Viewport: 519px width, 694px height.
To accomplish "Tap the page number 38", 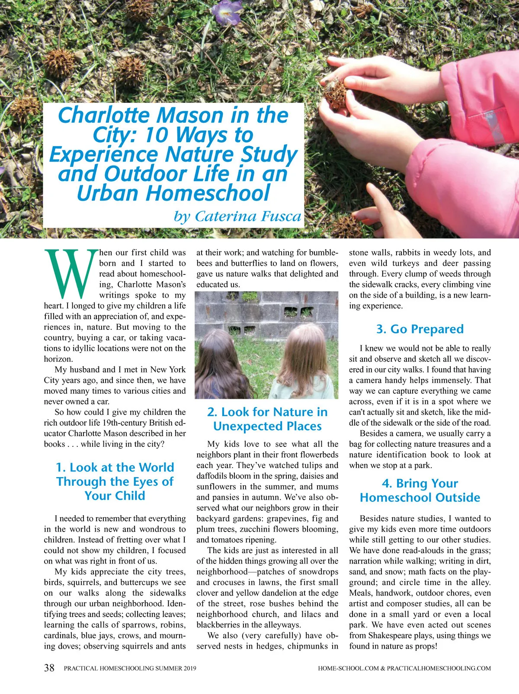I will (49, 668).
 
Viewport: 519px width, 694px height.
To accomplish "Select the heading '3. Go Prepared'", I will (420, 329).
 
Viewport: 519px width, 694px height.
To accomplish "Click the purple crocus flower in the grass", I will (227, 12).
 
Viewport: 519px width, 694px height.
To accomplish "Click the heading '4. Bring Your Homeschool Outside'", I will (420, 490).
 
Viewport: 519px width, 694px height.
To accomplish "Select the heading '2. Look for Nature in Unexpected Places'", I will (267, 419).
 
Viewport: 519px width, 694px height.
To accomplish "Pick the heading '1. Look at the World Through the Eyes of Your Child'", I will (115, 481).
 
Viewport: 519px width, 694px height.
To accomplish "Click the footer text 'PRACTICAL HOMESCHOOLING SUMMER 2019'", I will (130, 669).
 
